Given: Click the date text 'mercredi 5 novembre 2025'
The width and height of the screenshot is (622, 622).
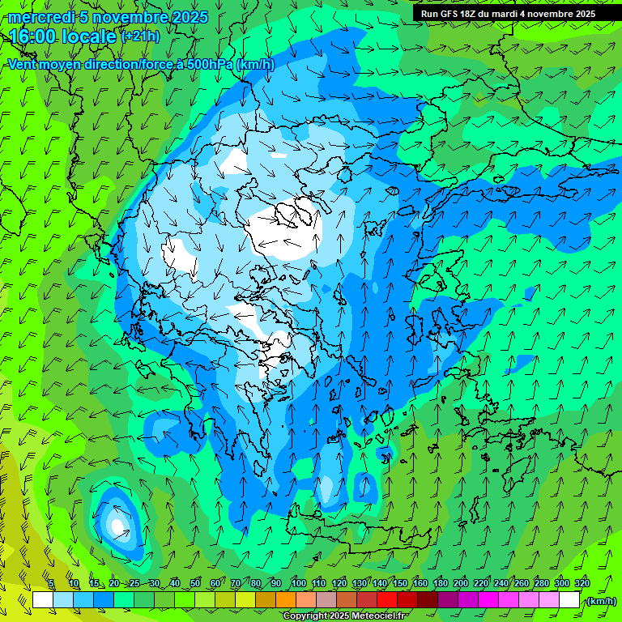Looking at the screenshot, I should pos(109,17).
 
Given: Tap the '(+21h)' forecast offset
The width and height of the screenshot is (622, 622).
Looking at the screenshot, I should pos(140,36).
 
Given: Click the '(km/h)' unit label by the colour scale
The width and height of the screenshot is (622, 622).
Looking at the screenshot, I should pos(600,600).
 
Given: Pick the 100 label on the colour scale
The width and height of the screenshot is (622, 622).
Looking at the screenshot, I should pos(298,583).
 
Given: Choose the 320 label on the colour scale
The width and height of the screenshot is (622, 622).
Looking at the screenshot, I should pos(582,583).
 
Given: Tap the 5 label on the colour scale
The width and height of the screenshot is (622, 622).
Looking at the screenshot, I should pos(51,583).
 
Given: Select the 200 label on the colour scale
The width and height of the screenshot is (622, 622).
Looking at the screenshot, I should pos(461,583).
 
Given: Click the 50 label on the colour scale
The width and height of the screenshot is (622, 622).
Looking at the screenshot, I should pos(195,583).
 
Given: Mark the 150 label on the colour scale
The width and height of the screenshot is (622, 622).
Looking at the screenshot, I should pos(400,583).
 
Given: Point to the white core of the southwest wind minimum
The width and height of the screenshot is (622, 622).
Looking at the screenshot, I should pos(118,526).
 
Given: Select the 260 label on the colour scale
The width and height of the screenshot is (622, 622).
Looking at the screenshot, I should pos(522,583).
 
